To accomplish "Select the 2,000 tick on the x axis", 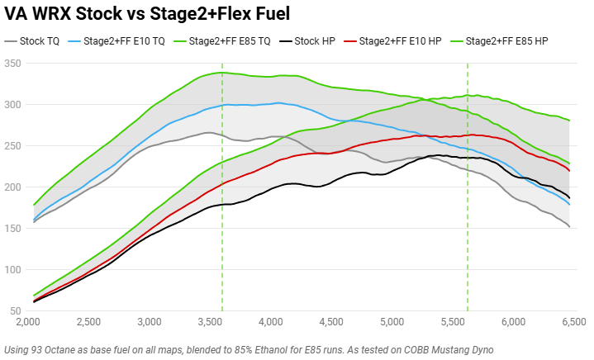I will (28, 321).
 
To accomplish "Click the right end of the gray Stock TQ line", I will (570, 227).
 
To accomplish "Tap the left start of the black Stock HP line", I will (34, 302).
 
